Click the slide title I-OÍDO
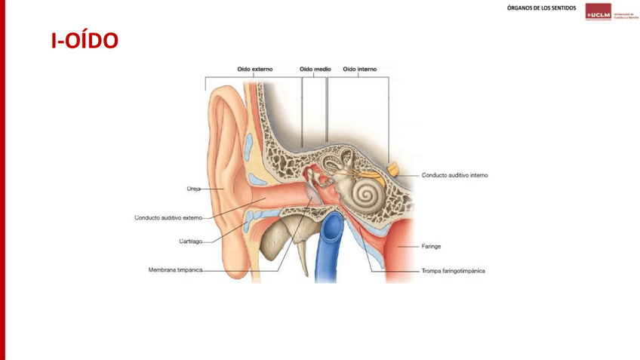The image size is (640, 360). tap(85, 40)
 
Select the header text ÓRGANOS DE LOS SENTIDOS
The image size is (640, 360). tap(541, 8)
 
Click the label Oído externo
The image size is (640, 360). tap(255, 69)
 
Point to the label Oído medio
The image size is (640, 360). tap(315, 69)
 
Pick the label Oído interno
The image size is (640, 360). tap(360, 69)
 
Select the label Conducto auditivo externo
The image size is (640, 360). tap(168, 217)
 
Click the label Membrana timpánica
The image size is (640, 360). tap(174, 269)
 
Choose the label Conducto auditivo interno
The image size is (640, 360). tap(454, 175)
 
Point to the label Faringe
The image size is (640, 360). tap(431, 246)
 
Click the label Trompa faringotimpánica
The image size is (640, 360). tap(453, 270)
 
